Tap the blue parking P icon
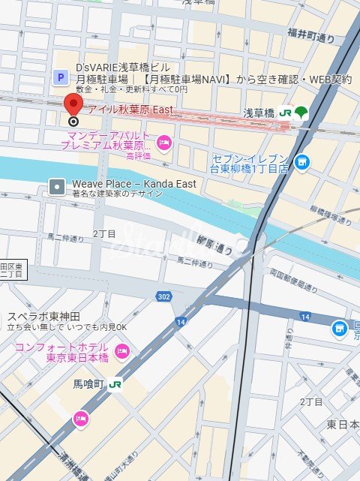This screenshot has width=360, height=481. coord(59,77)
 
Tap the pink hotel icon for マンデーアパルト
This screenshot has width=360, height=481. coord(164,143)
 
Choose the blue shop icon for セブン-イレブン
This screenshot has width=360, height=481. coord(301,161)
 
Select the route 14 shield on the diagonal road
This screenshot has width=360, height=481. coord(181,322)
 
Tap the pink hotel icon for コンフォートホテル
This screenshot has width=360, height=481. coord(121,350)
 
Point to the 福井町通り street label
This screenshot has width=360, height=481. coord(309,32)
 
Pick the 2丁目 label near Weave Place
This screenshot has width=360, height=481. coord(104,234)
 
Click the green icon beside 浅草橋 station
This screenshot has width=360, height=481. coord(301,113)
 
